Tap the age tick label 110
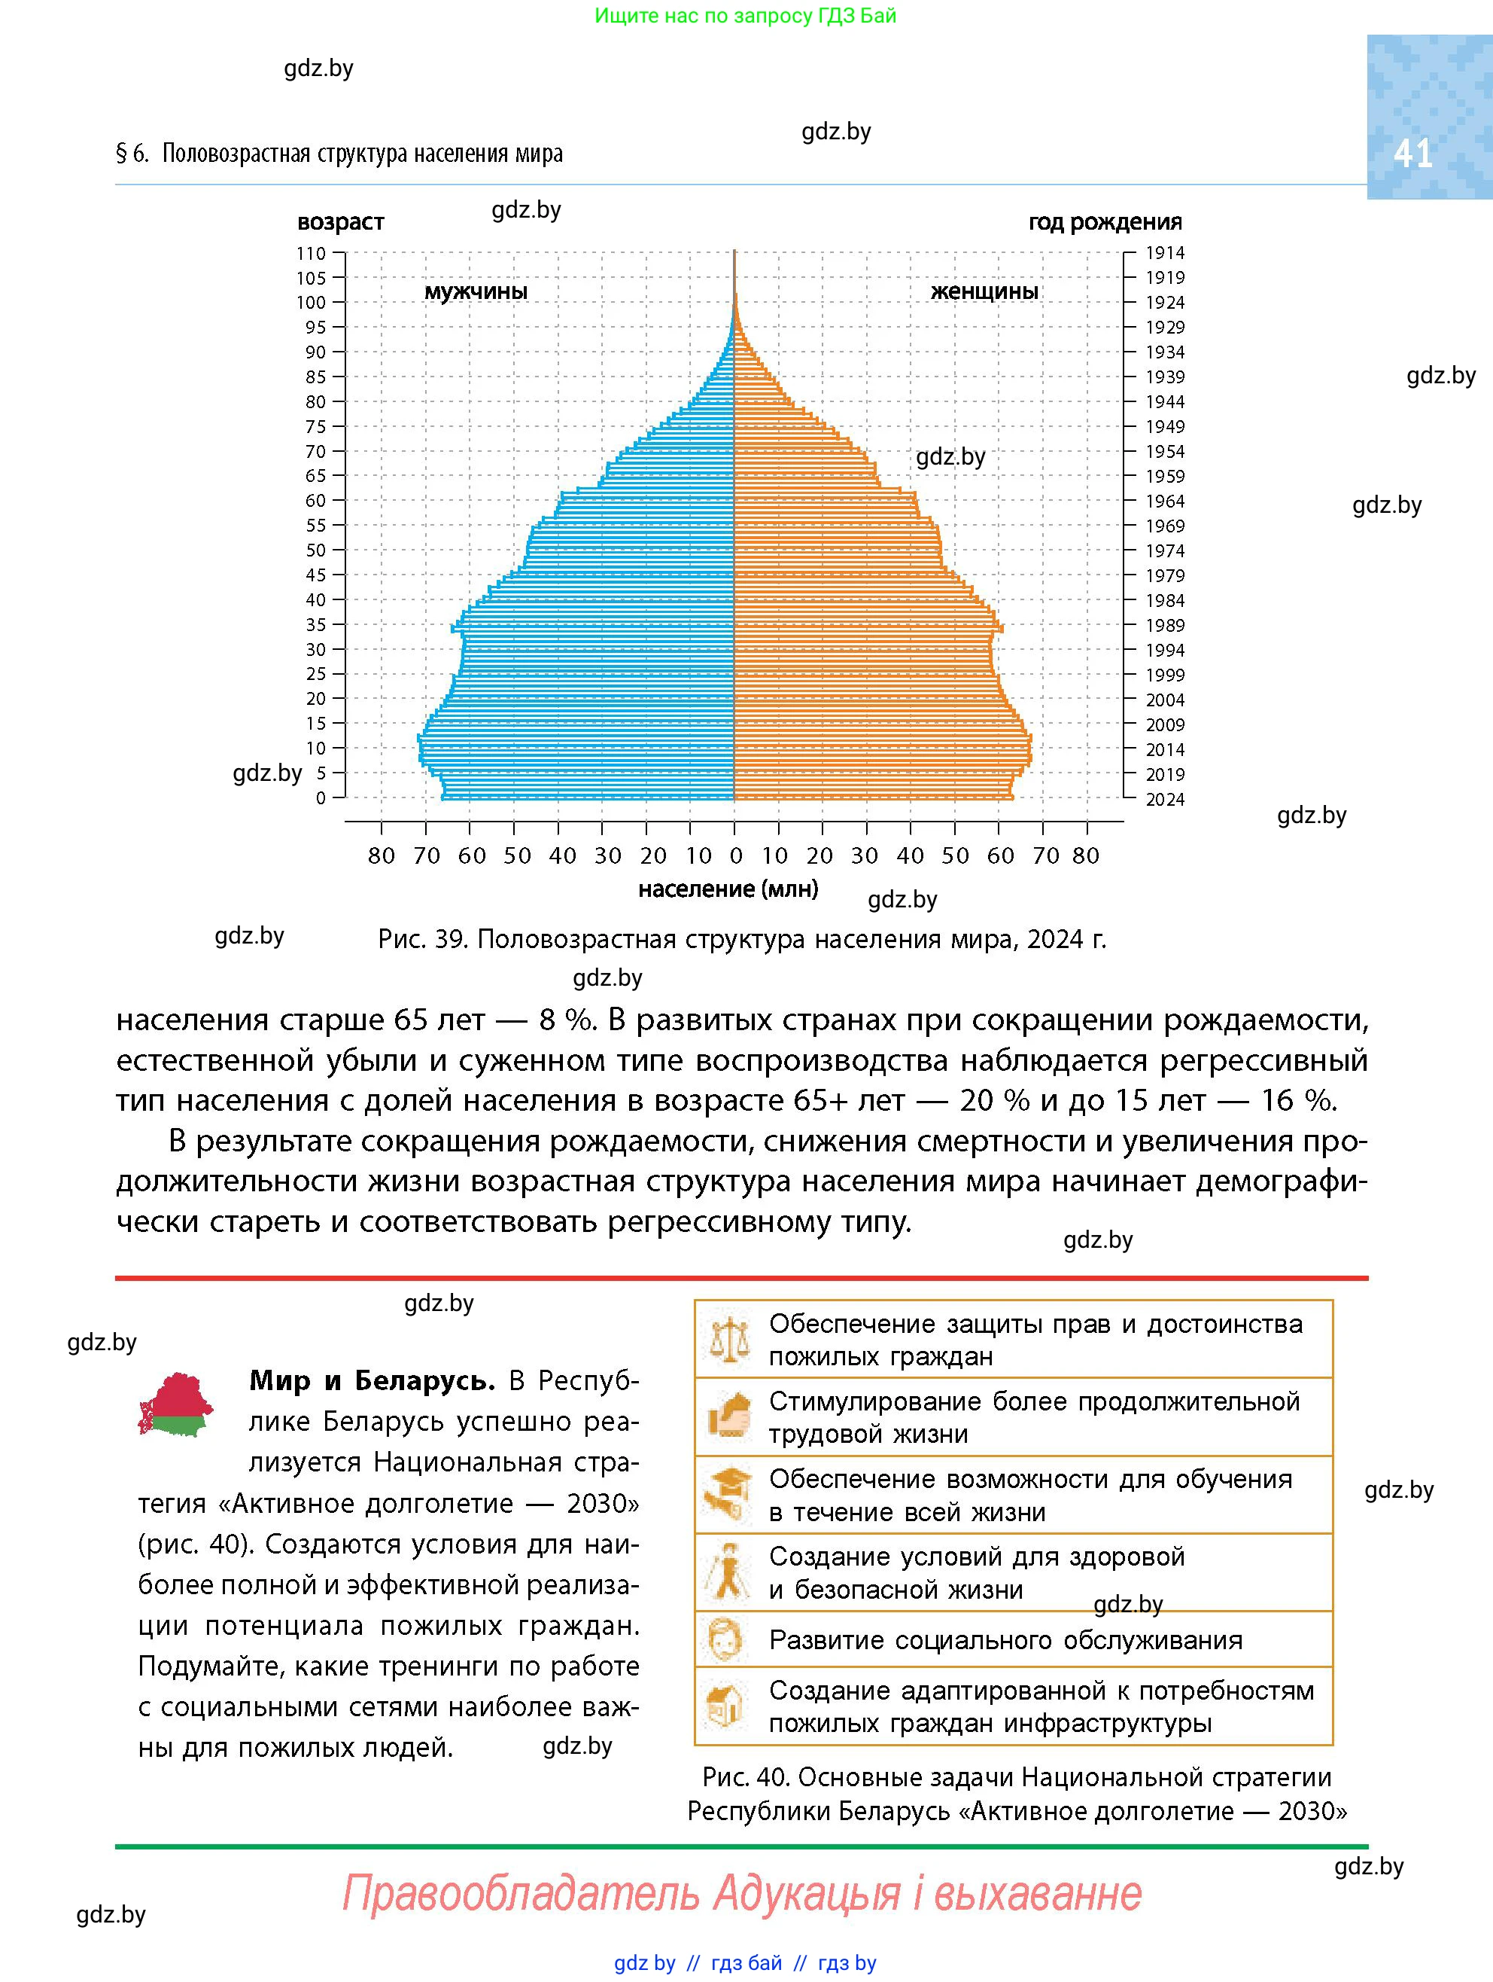tap(312, 254)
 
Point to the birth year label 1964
tap(1165, 502)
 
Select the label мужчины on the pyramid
tap(476, 292)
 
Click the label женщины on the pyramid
tap(984, 292)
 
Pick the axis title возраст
tap(340, 222)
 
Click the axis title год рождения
tap(1105, 222)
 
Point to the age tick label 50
tap(316, 550)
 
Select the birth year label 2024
tap(1165, 799)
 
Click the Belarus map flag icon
tap(175, 1404)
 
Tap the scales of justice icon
tap(728, 1339)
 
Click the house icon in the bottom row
tap(726, 1705)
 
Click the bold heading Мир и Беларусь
tap(372, 1381)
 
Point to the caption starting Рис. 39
tap(743, 939)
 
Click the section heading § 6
tap(339, 154)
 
